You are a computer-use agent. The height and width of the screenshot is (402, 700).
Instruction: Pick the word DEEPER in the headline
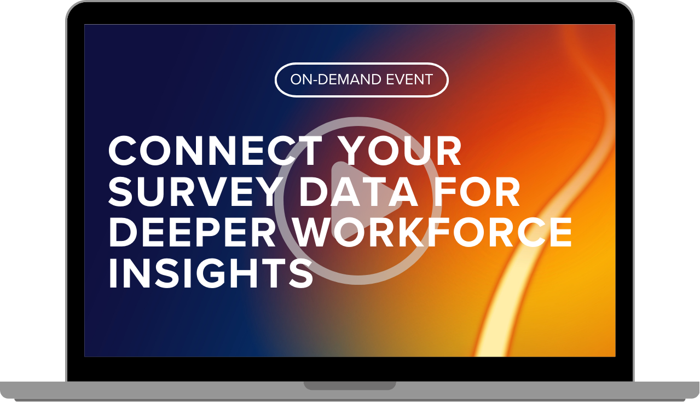[x=192, y=232]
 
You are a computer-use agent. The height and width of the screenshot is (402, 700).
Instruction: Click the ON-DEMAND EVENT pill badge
[x=361, y=80]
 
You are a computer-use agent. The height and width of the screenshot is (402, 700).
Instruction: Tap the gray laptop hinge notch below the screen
[x=350, y=386]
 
